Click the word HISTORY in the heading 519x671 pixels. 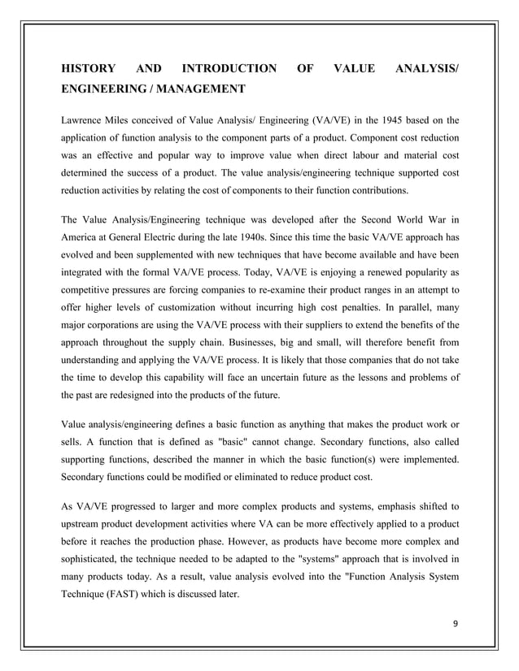89,70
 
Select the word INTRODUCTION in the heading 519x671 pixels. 229,70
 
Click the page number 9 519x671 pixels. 455,626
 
